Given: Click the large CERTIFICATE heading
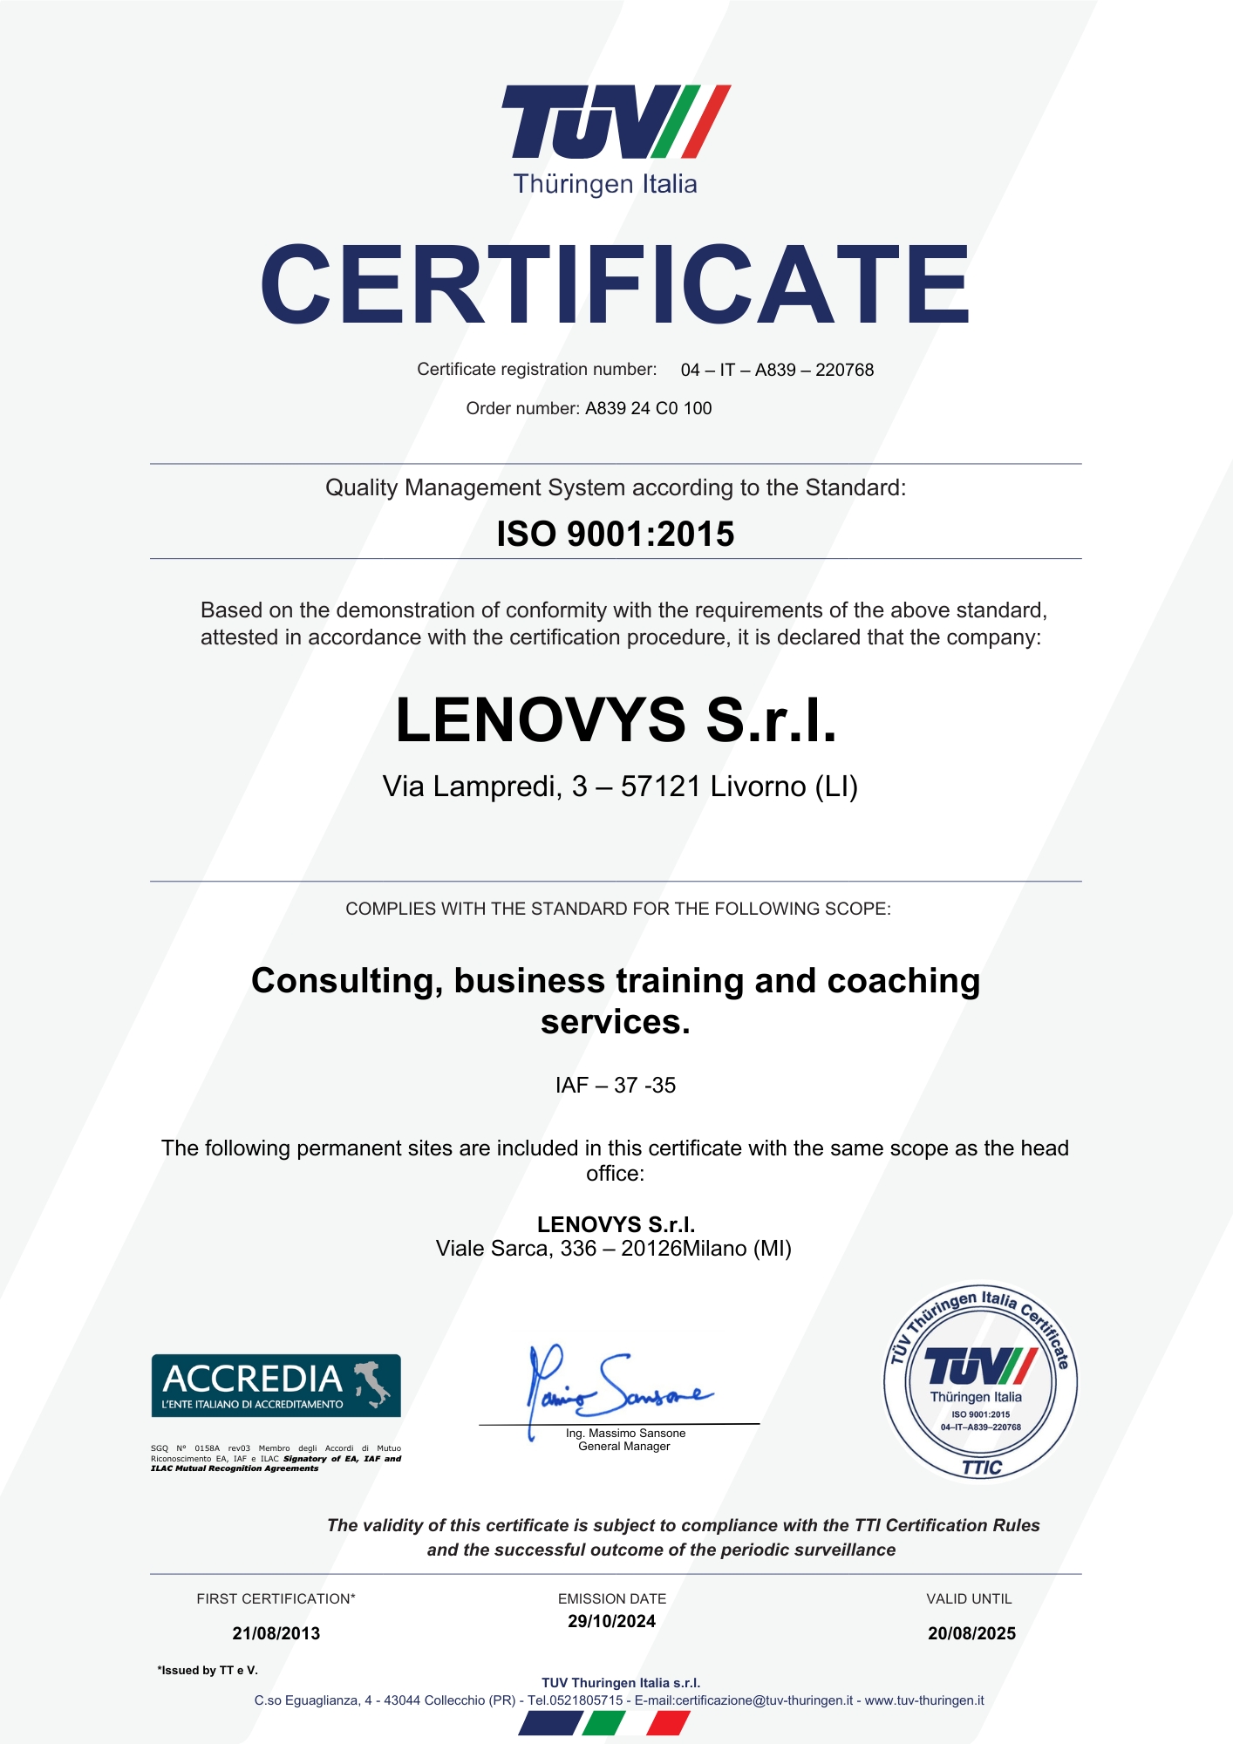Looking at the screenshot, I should click(x=615, y=284).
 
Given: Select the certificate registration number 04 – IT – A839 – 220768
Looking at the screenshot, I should click(x=777, y=370).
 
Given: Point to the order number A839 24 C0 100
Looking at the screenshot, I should click(x=648, y=408).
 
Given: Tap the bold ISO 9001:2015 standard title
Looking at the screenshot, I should click(x=616, y=534).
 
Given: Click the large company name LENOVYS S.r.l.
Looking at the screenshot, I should click(x=616, y=720).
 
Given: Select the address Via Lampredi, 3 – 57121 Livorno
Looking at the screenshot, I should click(x=620, y=787).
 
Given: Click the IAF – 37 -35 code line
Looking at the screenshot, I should click(x=616, y=1085).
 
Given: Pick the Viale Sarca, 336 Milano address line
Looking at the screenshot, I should click(x=613, y=1249).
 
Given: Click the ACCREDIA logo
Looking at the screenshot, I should click(x=276, y=1386).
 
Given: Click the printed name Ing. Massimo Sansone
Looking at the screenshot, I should click(x=625, y=1433).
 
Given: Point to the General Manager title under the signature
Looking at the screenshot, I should click(x=624, y=1446).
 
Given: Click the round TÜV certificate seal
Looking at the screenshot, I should click(x=981, y=1382).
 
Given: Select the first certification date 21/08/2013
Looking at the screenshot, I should click(x=276, y=1633).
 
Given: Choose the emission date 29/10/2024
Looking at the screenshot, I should click(x=611, y=1621).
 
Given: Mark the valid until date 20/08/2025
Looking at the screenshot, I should click(x=971, y=1633).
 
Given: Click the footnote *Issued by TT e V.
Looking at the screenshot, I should click(x=208, y=1670).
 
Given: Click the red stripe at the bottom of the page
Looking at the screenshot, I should click(x=669, y=1722).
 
